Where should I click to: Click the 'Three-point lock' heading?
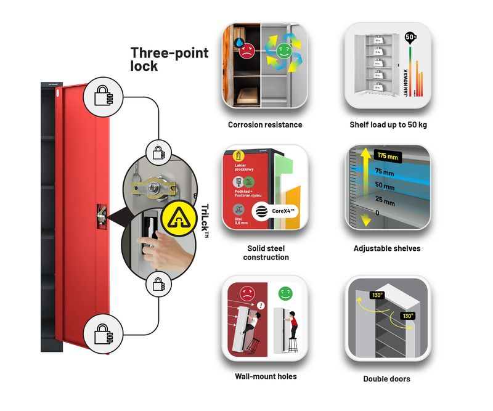point(169,59)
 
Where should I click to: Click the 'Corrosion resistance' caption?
point(265,124)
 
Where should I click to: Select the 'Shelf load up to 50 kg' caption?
point(388,124)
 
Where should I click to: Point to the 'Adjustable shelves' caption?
point(387,248)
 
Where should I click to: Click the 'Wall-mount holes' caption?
point(266,376)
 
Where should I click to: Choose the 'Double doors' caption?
point(387,379)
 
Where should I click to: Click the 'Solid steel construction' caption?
point(266,253)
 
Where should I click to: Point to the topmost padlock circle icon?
point(104,94)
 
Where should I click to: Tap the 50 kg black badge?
point(409,36)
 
